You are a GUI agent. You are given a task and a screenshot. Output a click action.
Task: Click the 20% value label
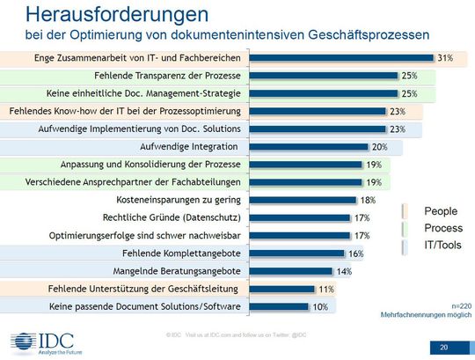point(380,146)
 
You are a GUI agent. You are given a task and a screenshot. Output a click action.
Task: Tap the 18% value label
point(367,200)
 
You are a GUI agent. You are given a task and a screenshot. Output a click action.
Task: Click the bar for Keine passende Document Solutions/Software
point(281,306)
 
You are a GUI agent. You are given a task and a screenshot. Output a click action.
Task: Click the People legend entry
point(440,211)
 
